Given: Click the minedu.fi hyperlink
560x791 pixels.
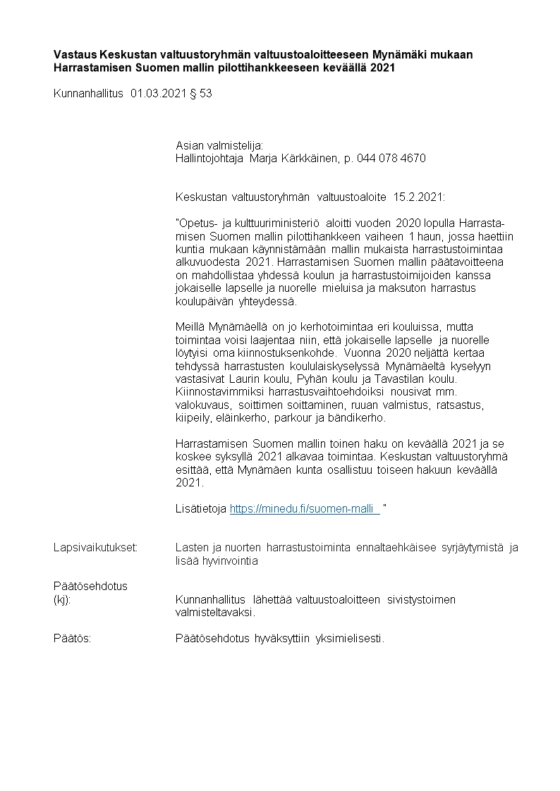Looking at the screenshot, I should click(305, 509).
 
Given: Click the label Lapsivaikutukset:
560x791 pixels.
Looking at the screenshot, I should click(95, 548).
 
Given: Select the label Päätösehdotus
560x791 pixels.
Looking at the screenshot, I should click(90, 586).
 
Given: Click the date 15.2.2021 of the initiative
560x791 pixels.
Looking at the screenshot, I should click(420, 192).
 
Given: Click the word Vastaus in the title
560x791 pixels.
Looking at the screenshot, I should click(75, 54).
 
